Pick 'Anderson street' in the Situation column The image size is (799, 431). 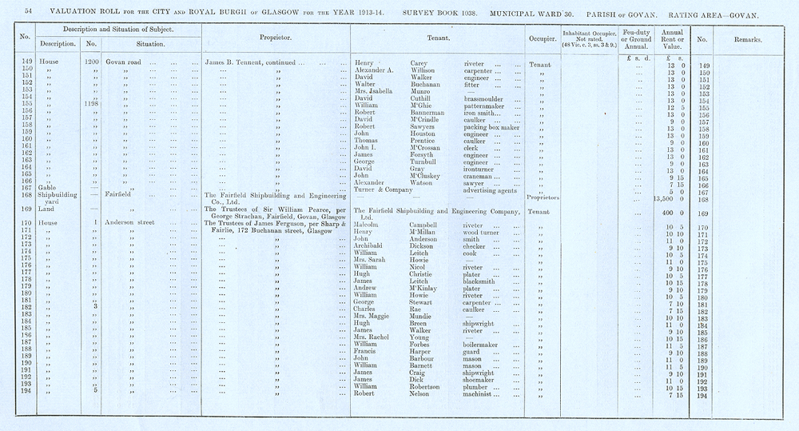click(133, 225)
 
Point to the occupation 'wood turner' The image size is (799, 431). click(484, 233)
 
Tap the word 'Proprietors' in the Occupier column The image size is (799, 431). click(544, 198)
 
